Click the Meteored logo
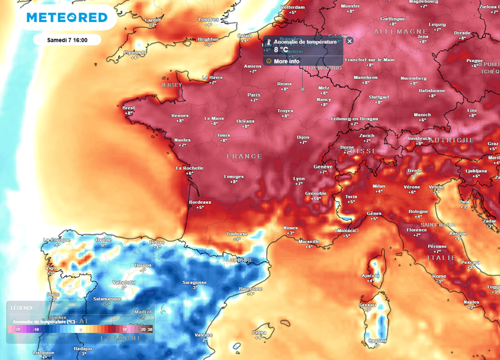67,18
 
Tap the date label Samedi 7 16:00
67,40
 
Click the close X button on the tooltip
349,42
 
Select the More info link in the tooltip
287,61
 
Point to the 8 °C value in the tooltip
281,50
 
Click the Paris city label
254,95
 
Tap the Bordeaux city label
200,202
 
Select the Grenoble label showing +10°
315,194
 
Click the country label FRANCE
244,156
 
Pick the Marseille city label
309,241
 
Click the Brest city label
128,108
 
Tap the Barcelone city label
250,289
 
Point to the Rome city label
439,277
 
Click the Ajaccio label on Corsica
370,276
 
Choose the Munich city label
422,115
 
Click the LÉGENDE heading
22,308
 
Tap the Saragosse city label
194,282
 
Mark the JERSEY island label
171,84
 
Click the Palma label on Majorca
259,333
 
